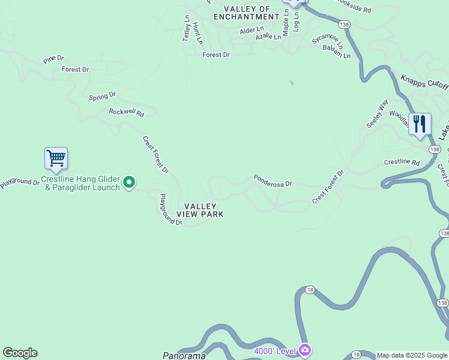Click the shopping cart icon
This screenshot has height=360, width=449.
coord(56,159)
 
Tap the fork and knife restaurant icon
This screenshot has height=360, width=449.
coord(420,124)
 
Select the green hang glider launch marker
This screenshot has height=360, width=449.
coord(129,182)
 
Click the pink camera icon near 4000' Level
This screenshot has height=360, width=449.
coord(304,349)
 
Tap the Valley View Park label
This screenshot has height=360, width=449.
coord(200,210)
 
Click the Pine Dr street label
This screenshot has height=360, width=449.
coord(53,61)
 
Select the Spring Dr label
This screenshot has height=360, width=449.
coord(102,96)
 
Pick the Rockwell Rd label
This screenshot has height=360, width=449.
coord(127,112)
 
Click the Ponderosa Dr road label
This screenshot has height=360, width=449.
coord(273,180)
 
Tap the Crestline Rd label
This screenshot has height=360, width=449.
coord(402,162)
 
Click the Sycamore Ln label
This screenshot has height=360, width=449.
coord(327,41)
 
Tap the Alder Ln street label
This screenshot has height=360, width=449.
coord(252,30)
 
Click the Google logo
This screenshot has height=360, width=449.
coord(20,353)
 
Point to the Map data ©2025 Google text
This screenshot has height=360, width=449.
coord(412,355)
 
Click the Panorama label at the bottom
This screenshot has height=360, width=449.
coord(184,356)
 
